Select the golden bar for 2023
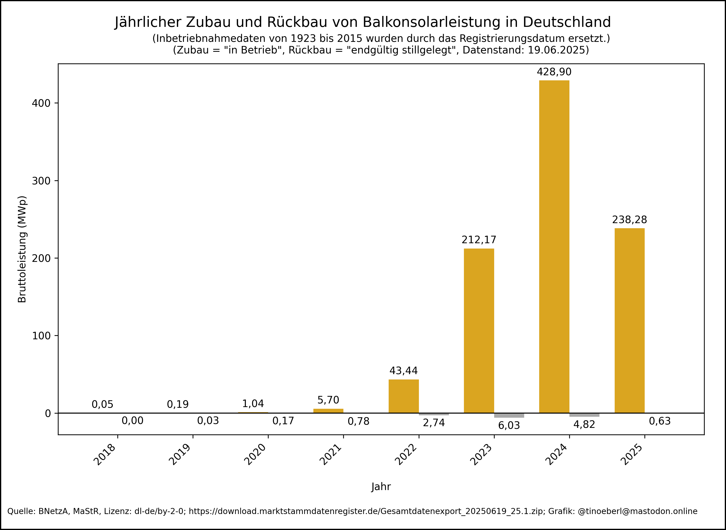pos(479,330)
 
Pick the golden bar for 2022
pos(404,396)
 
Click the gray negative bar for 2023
pos(509,416)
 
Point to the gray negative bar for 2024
pos(584,415)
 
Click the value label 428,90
pos(554,72)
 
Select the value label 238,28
pos(629,220)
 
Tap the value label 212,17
pos(479,240)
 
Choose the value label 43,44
pos(404,371)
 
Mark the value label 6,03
pos(509,425)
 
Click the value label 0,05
pos(102,405)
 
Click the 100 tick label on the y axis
pos(41,336)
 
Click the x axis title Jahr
pos(381,487)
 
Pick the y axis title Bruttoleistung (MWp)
pos(22,249)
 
